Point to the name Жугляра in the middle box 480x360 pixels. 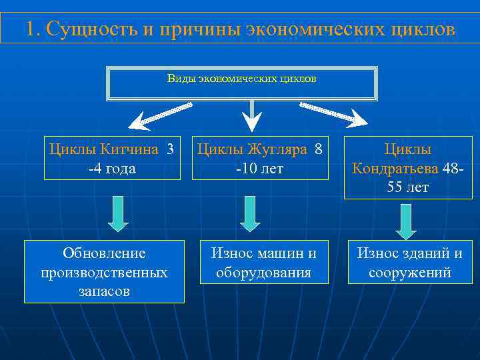[x=277, y=149]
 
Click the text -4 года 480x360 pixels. [x=112, y=169]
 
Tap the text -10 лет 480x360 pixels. [x=260, y=169]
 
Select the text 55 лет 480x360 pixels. [x=407, y=188]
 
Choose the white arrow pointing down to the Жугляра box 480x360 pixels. [x=251, y=117]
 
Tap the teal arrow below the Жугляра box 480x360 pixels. [x=251, y=213]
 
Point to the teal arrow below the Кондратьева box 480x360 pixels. [x=405, y=221]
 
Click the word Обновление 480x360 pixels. [x=104, y=253]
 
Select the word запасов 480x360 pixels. [x=104, y=291]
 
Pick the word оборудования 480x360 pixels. [x=264, y=273]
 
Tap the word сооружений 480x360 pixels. [x=409, y=273]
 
